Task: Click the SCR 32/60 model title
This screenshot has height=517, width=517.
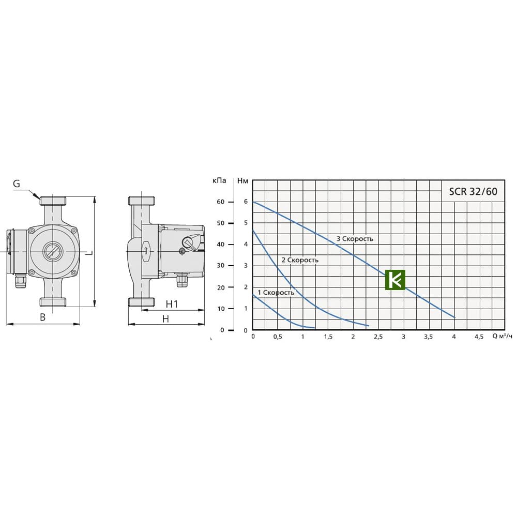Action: (x=473, y=192)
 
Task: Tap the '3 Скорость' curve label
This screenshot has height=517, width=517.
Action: (x=355, y=239)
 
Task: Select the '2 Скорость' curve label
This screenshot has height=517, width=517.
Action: (x=300, y=260)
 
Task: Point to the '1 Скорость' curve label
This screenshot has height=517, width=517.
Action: (x=276, y=293)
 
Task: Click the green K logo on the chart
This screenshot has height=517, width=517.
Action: (x=395, y=280)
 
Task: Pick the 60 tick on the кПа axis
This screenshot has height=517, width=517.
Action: (x=221, y=202)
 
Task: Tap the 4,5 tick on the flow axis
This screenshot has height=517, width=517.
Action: (x=479, y=337)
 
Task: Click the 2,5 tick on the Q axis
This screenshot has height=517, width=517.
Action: (x=378, y=337)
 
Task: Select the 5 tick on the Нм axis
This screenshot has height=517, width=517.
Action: (x=246, y=223)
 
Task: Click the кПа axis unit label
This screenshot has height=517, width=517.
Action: (x=219, y=180)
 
